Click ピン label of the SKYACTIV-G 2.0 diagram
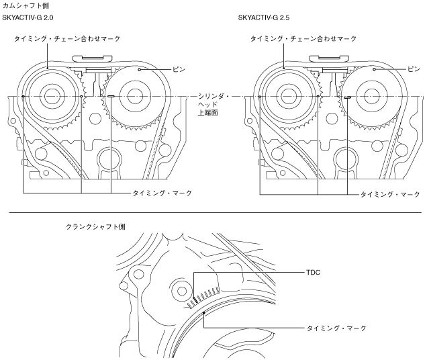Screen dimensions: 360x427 (x=177, y=69)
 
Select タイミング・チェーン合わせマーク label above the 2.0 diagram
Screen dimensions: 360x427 (x=68, y=39)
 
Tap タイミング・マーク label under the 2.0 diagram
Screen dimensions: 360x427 (x=161, y=193)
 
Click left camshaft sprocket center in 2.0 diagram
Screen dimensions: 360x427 (x=51, y=96)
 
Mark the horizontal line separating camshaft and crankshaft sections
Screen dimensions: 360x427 (x=213, y=214)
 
